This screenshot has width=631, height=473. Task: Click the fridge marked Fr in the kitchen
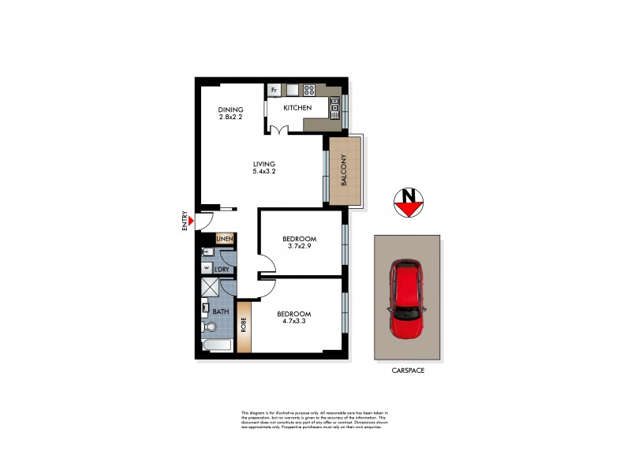[274, 90]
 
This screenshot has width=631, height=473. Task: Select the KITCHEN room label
[298, 108]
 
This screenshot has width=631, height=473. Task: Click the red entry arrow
[189, 231]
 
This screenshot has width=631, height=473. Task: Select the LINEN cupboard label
[224, 239]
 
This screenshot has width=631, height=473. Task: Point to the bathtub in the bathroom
[217, 347]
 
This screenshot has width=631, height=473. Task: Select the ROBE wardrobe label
[244, 325]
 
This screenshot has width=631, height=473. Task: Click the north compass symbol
[409, 203]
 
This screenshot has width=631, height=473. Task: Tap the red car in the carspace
[408, 300]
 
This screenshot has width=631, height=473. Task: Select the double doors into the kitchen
[278, 128]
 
